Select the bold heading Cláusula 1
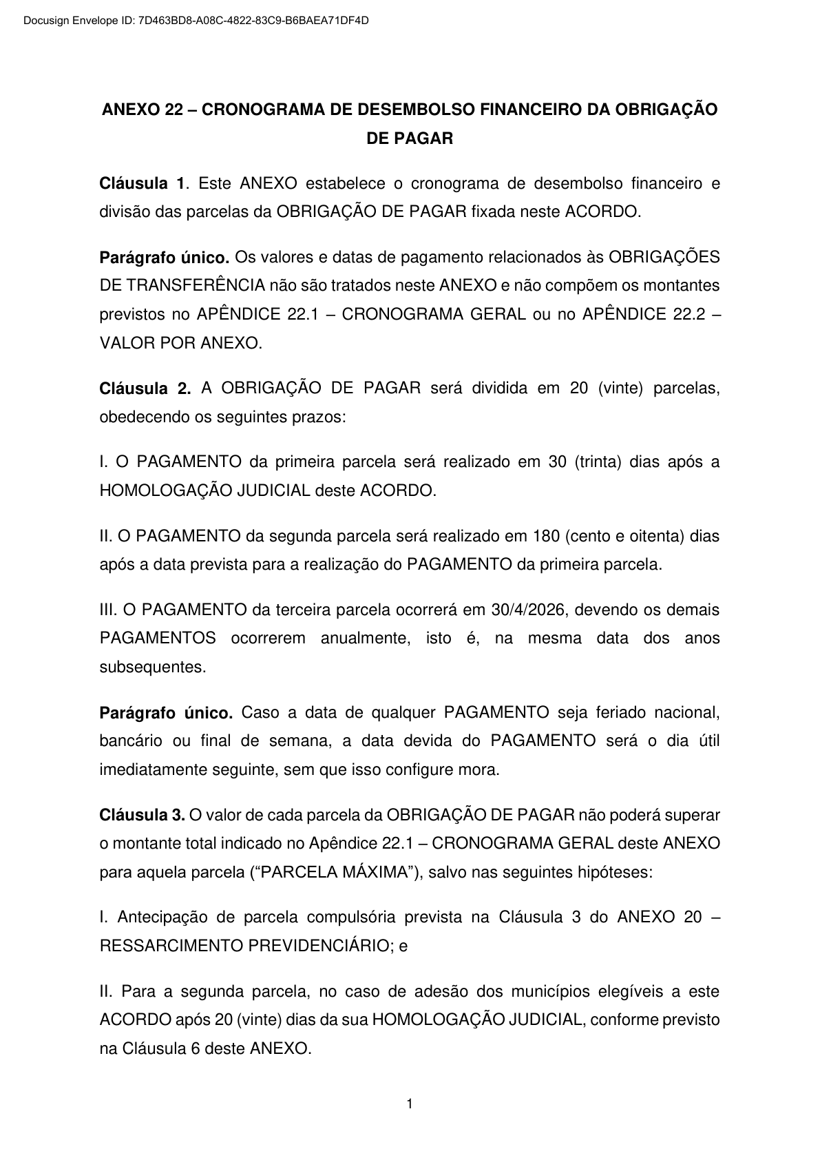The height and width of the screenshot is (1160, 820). tap(143, 183)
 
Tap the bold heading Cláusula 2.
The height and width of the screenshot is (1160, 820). tap(145, 389)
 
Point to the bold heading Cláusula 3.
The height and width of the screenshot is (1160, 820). tap(142, 816)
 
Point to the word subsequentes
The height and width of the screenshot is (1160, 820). tap(153, 667)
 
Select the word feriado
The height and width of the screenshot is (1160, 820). tap(614, 712)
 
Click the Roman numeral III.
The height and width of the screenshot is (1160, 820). tap(109, 610)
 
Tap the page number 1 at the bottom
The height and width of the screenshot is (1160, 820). tap(410, 1105)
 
